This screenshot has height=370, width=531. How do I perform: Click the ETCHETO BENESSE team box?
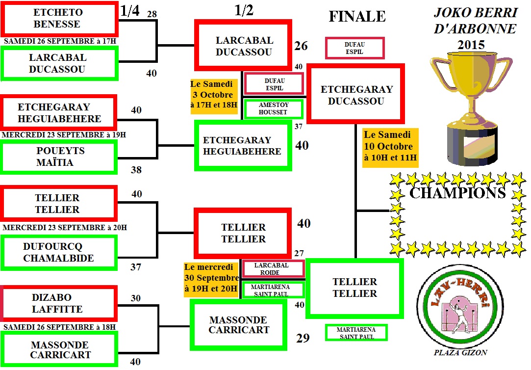coord(58,18)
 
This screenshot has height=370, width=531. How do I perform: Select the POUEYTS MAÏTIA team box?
coord(60,157)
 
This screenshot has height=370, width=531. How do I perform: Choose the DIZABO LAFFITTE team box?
coord(58,303)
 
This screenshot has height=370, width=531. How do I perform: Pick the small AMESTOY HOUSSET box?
coord(274,108)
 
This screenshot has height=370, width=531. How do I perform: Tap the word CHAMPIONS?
coord(457,193)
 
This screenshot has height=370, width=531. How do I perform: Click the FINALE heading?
coord(357,17)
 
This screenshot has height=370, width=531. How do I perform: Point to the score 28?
coord(152,14)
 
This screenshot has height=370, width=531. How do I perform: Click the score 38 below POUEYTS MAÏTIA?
coord(136,170)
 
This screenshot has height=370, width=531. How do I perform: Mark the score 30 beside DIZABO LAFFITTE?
coord(136,298)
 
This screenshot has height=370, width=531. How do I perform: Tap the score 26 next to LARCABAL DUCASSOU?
coord(301,46)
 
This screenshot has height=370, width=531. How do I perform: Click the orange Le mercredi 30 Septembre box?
coord(211,278)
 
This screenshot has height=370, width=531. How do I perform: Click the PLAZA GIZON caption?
coord(460,352)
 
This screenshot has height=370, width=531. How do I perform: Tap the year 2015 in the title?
coord(471,45)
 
